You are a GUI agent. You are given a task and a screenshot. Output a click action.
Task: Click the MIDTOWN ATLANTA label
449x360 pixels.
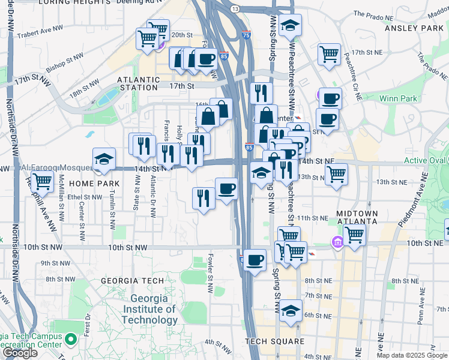(x=357, y=217)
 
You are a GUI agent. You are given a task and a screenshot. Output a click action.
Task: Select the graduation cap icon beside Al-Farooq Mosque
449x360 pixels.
(x=104, y=158)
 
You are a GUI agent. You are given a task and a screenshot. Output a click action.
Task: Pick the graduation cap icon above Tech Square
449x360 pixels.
(x=291, y=310)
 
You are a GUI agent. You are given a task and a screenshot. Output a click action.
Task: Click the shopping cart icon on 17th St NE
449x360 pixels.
(x=329, y=53)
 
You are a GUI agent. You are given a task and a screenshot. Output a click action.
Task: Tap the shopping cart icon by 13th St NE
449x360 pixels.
(x=337, y=173)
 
